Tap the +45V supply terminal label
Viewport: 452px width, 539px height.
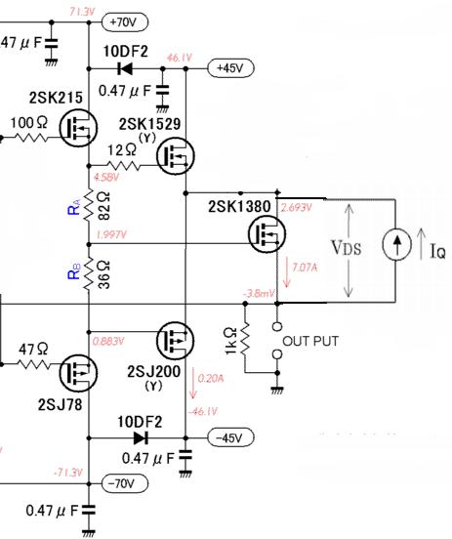pos(230,68)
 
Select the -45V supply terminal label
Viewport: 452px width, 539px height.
pos(230,437)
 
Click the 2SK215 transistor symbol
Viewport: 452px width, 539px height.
pos(78,128)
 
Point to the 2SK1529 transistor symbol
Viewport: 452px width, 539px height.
pos(176,155)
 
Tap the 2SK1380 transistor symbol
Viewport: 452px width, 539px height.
pos(267,233)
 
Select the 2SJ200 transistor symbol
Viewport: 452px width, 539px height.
pos(176,340)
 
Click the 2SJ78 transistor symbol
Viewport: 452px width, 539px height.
pos(78,373)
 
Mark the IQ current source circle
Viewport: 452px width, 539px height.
pos(396,244)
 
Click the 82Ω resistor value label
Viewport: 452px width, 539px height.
pos(104,206)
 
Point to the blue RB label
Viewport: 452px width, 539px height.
pos(74,270)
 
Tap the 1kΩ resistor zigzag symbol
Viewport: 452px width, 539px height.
pos(245,339)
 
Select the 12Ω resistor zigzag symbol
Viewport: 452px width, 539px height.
pos(124,166)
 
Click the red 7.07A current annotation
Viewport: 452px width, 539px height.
pos(305,268)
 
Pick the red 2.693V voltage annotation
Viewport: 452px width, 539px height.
pos(297,207)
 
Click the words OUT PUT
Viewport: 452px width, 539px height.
pos(310,341)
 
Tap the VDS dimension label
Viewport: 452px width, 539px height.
pos(347,247)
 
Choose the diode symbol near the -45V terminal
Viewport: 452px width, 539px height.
pos(141,437)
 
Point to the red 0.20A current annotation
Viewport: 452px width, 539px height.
pos(211,379)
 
